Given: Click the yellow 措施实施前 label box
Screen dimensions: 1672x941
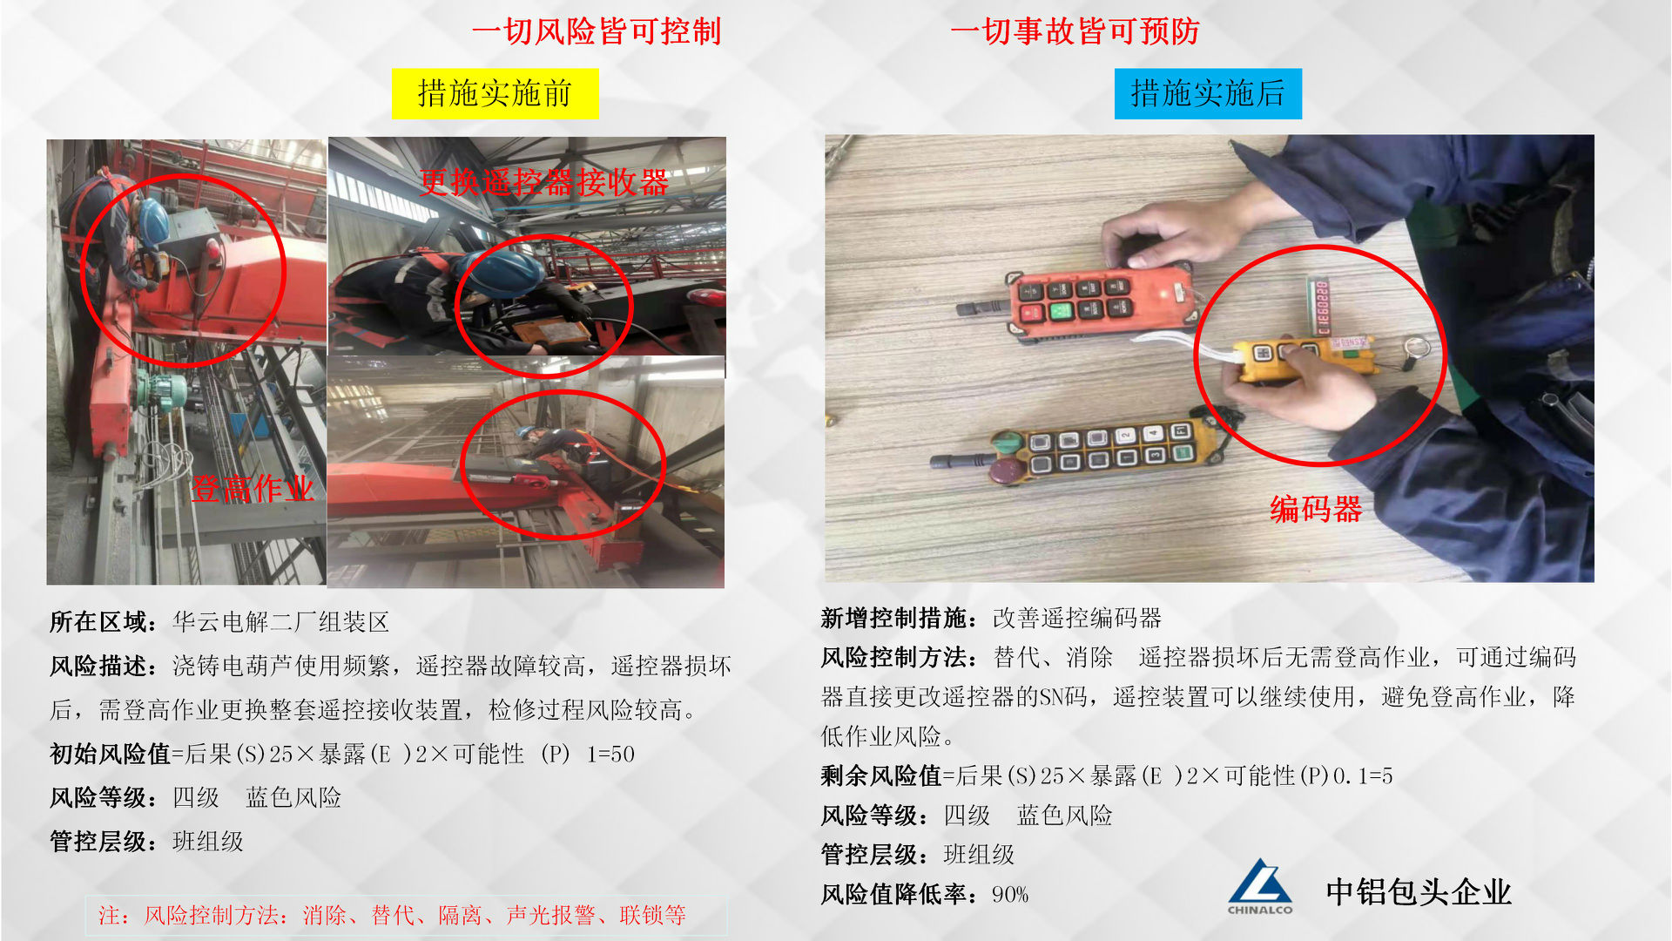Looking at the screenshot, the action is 495,93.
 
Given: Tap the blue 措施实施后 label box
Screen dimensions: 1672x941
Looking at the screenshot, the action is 1208,93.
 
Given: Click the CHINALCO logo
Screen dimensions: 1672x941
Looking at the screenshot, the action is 1260,887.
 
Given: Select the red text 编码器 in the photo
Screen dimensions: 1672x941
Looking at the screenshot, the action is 1316,509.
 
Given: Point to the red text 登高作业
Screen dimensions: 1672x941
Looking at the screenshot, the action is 253,489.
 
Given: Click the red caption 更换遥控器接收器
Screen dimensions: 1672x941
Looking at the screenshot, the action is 544,182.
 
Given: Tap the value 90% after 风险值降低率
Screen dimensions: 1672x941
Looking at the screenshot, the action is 1010,895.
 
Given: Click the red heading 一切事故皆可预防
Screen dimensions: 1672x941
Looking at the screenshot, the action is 1075,31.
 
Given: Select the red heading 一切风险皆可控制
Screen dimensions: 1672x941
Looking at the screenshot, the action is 597,31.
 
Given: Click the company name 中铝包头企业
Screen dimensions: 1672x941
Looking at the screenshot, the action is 1419,892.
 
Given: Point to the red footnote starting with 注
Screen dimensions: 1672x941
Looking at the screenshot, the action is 392,915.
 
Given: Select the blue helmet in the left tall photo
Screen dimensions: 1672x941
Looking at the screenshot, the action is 153,220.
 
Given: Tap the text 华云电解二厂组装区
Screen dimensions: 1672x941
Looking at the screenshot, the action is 280,622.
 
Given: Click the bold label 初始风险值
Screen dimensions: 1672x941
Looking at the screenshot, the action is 110,754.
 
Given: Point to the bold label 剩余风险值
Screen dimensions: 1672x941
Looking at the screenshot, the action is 881,775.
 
